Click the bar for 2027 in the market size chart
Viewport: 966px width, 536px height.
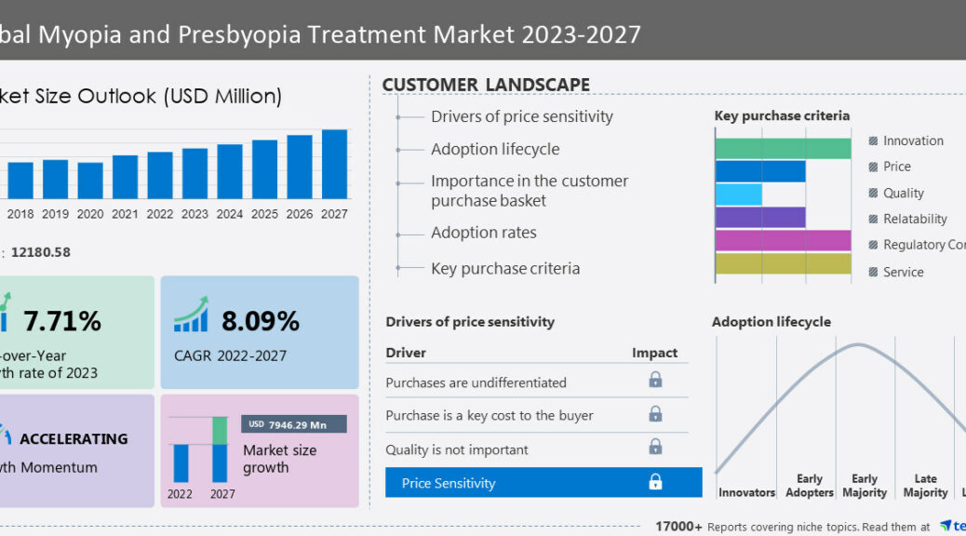pos(334,163)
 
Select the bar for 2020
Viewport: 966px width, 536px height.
pos(90,180)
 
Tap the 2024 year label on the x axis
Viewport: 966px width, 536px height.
pos(230,214)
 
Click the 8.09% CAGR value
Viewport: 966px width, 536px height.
pos(260,322)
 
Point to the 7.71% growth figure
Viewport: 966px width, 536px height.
pos(62,322)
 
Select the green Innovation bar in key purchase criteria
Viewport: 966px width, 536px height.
pos(783,149)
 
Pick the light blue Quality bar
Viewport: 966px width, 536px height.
pos(739,194)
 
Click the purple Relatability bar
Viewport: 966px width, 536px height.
pos(760,217)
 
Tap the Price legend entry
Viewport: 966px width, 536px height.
pos(896,167)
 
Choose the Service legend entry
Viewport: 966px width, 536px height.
pos(903,272)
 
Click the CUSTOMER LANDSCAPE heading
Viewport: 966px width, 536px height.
pos(486,85)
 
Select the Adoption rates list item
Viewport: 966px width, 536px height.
pos(483,233)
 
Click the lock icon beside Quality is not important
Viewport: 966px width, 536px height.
pos(655,448)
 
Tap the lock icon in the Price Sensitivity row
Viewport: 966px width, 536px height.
pos(655,482)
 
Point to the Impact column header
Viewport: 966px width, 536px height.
pos(655,353)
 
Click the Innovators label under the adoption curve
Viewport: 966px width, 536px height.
pos(746,493)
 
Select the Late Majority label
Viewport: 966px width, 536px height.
pos(925,486)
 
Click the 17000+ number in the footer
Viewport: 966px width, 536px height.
pos(679,527)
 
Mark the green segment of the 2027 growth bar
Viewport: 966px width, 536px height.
pos(220,430)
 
